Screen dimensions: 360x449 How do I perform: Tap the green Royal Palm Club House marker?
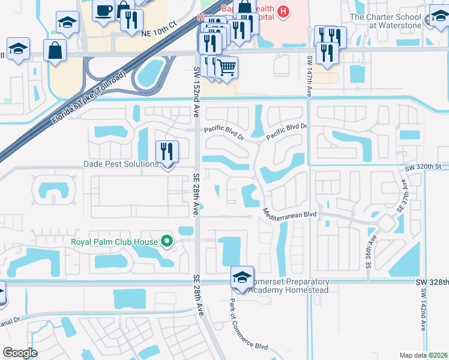(167, 242)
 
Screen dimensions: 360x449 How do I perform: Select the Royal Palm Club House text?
(114, 242)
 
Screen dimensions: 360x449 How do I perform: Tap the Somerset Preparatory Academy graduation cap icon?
(242, 277)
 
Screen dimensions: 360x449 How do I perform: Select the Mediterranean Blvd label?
(289, 214)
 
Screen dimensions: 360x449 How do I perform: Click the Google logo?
(20, 352)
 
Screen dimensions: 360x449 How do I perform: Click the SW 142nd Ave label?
(423, 309)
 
